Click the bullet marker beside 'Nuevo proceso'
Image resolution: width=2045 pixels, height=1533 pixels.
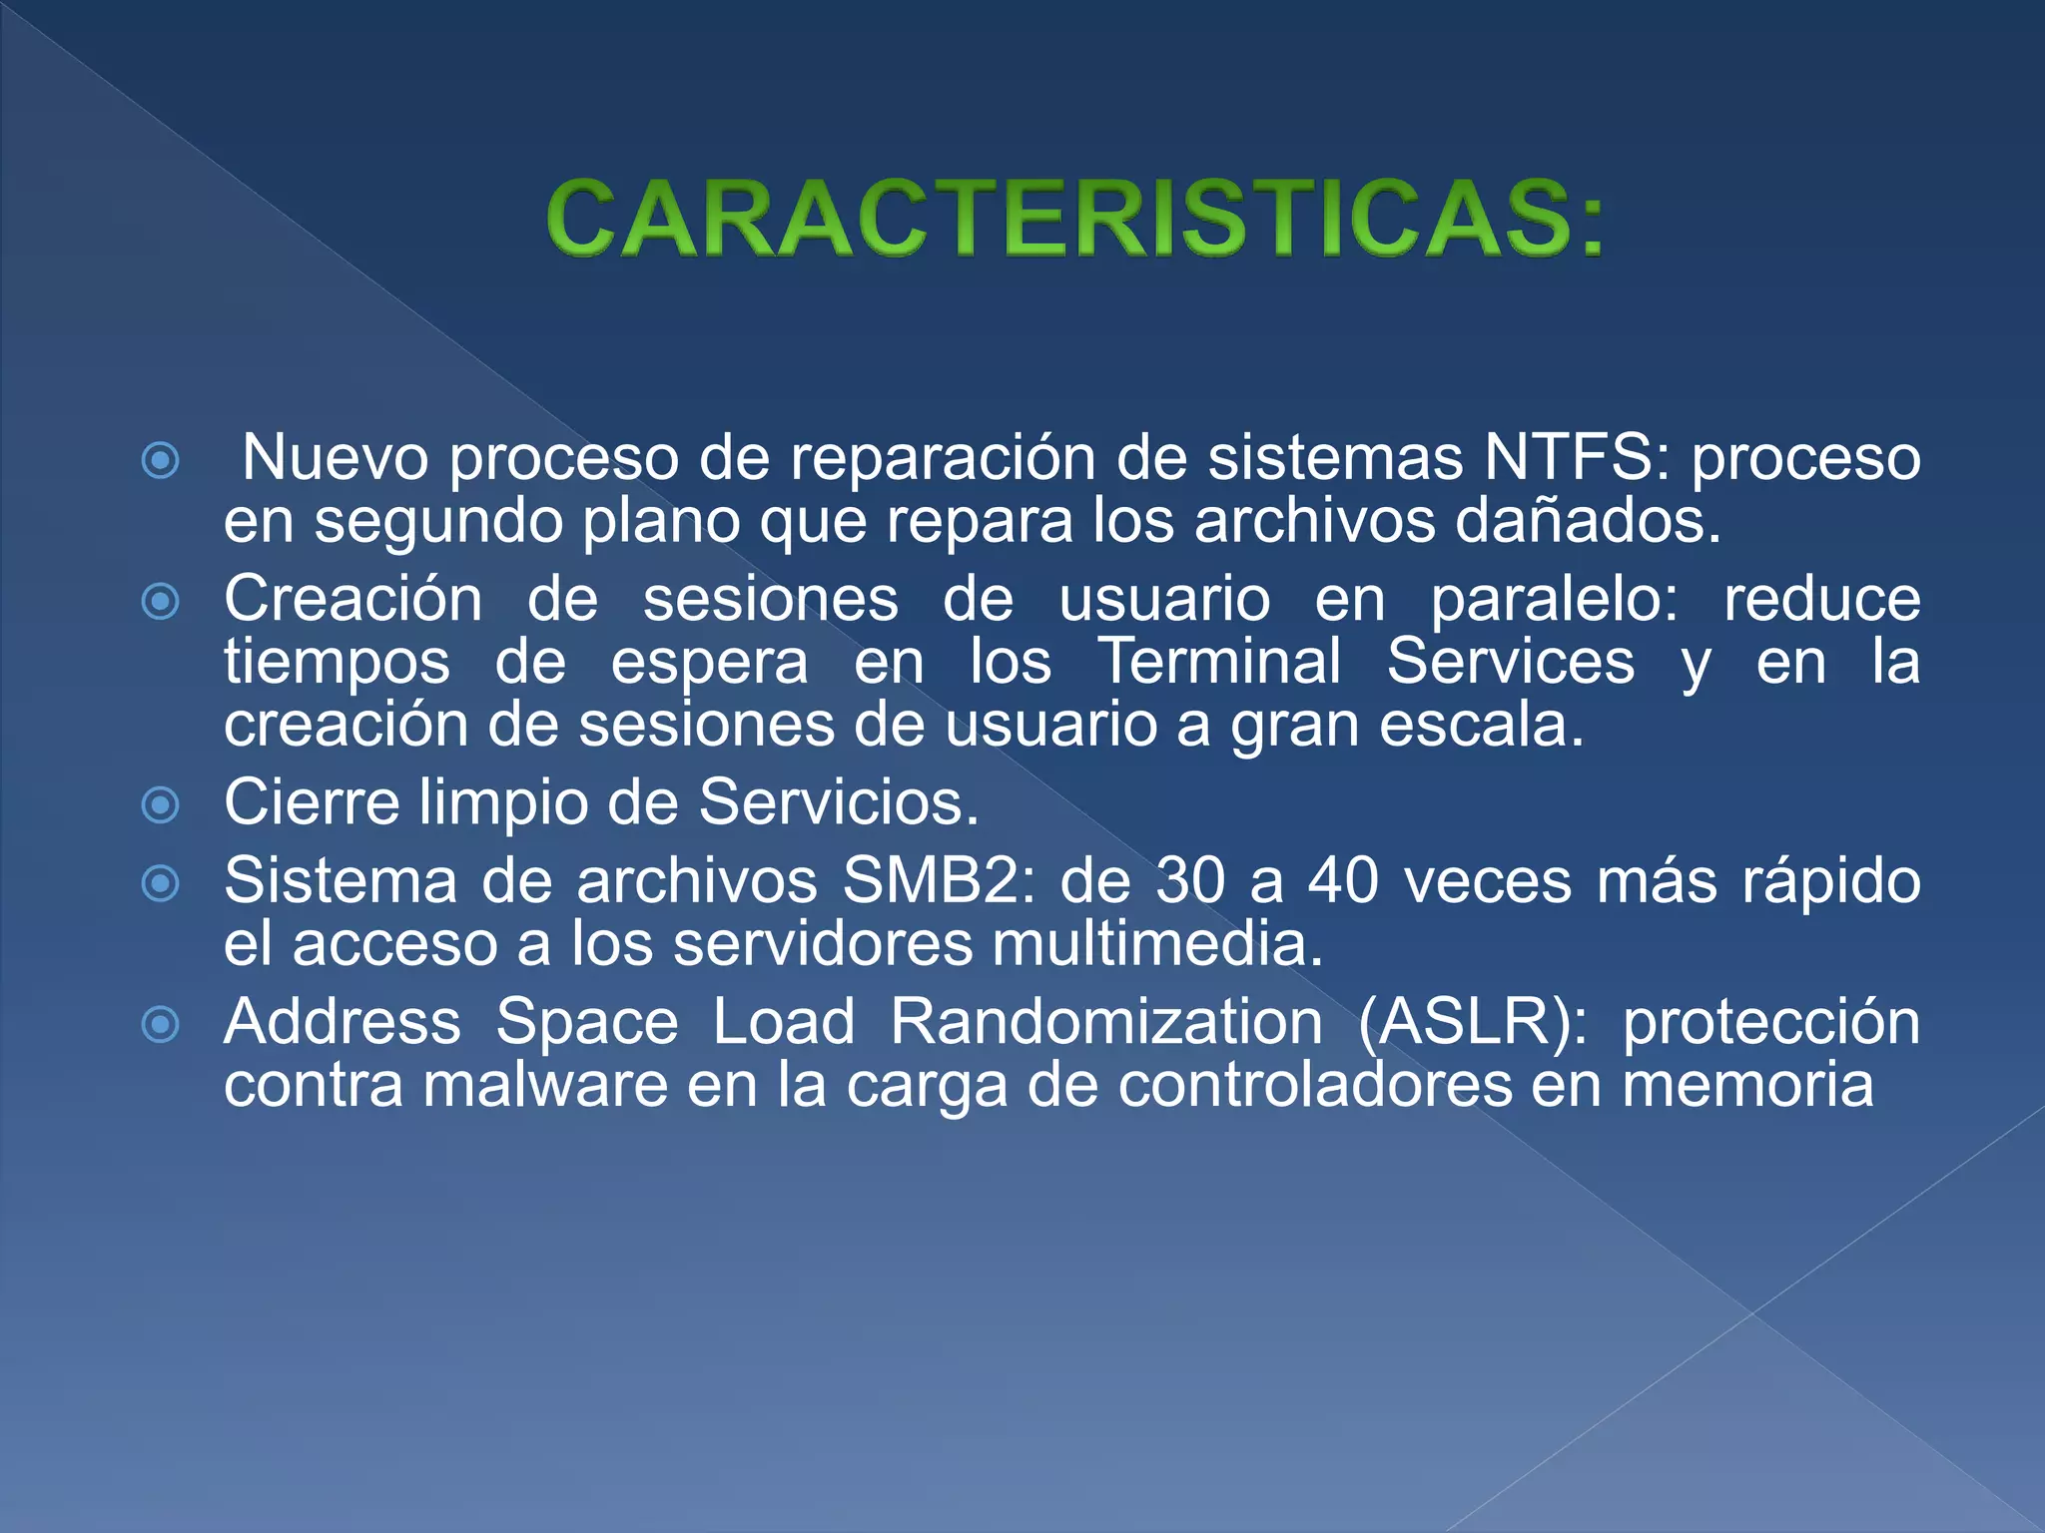click(x=161, y=460)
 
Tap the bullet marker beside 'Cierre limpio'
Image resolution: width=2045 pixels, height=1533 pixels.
click(x=161, y=804)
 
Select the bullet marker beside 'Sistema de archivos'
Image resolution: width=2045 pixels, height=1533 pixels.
click(x=161, y=883)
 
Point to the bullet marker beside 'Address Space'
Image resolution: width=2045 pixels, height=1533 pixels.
click(x=161, y=1024)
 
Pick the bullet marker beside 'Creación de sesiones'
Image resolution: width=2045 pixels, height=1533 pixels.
click(x=161, y=602)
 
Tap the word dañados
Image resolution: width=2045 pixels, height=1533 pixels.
click(x=1588, y=521)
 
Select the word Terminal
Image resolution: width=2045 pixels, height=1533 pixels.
click(x=1219, y=662)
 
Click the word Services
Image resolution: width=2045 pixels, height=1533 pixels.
click(x=1510, y=662)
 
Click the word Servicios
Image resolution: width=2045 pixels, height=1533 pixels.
click(x=838, y=802)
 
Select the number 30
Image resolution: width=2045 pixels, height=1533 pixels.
click(x=1190, y=881)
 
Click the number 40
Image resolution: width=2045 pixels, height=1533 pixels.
click(x=1344, y=881)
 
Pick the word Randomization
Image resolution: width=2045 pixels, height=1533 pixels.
click(x=1106, y=1023)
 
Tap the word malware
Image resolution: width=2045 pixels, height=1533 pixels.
click(x=545, y=1086)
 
